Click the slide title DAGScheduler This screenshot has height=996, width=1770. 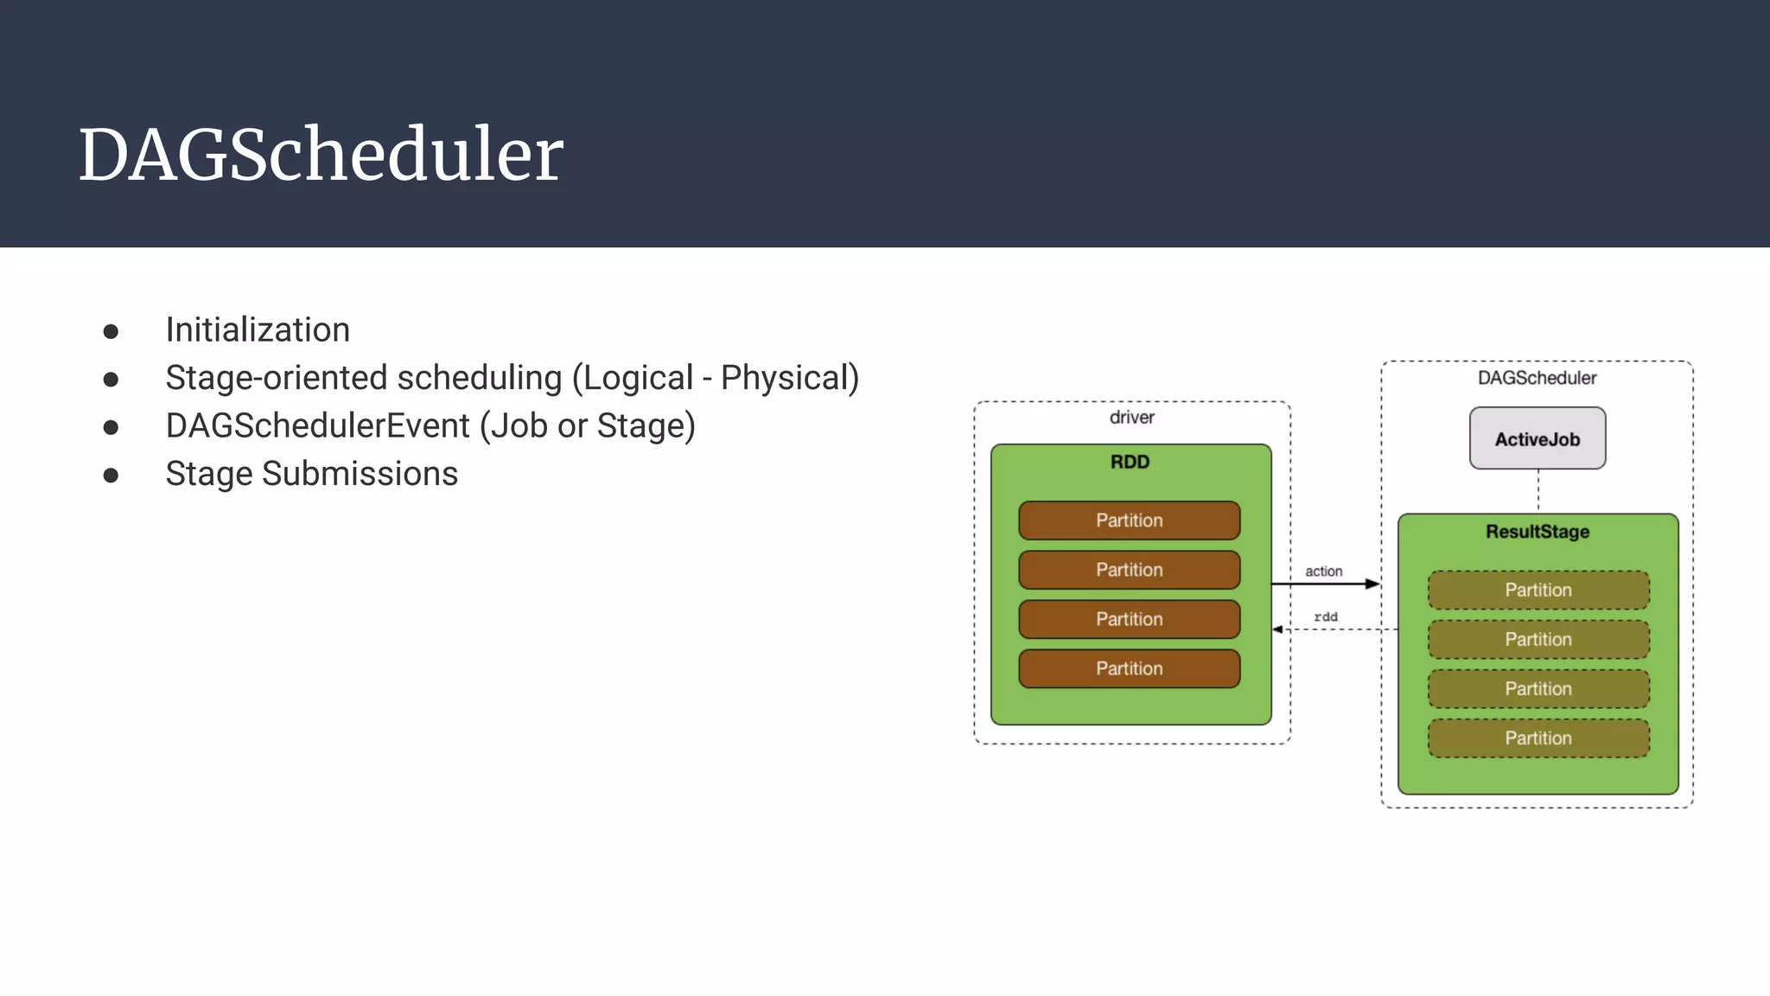point(321,155)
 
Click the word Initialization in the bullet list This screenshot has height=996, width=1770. point(258,329)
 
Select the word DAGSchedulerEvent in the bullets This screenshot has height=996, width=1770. point(317,426)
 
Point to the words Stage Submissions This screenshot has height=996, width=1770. point(311,474)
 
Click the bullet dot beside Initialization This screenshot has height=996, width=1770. point(111,331)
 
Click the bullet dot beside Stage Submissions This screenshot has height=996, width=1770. point(111,476)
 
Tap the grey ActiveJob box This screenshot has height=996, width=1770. point(1537,439)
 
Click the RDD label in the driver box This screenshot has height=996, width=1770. point(1130,462)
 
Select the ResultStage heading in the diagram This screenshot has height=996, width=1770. point(1537,532)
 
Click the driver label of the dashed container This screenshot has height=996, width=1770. point(1131,418)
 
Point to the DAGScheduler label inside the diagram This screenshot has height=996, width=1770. point(1537,378)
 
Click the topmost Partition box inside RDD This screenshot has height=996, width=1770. point(1129,520)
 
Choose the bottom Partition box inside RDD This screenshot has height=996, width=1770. point(1129,668)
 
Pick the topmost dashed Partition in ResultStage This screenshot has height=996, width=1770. point(1538,591)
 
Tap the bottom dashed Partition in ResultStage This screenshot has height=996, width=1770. point(1538,738)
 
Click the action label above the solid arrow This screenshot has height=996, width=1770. point(1323,571)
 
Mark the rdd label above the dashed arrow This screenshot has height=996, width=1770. point(1325,616)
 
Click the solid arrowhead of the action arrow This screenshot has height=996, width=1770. point(1372,584)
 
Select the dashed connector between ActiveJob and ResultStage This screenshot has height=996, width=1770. point(1538,491)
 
